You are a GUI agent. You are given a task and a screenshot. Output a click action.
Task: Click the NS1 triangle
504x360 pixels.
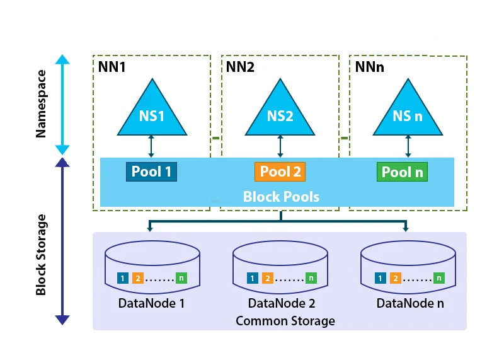[151, 113]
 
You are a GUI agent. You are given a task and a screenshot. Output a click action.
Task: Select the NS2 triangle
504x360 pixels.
[280, 113]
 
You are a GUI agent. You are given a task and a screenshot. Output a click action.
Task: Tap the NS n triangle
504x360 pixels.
[408, 113]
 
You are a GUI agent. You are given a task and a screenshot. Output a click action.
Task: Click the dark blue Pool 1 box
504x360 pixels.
[151, 171]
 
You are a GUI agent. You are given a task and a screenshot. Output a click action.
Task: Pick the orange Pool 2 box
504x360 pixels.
[280, 171]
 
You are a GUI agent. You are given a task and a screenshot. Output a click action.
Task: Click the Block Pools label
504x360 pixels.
[281, 196]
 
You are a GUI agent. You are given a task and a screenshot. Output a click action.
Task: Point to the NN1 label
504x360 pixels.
[112, 66]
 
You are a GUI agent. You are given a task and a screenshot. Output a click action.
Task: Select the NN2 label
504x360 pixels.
[241, 66]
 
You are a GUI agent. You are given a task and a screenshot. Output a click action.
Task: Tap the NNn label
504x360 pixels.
[370, 66]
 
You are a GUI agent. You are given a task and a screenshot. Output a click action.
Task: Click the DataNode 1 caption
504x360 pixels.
[152, 303]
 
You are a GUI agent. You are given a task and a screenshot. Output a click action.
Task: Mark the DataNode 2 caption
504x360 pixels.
[281, 303]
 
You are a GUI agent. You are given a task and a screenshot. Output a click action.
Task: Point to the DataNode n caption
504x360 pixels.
[410, 303]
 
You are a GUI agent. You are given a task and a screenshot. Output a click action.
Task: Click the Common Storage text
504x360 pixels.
[285, 321]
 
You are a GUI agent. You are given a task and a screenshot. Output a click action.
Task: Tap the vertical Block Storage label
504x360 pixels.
[42, 254]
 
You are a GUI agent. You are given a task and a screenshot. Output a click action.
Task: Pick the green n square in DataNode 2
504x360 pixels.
[311, 278]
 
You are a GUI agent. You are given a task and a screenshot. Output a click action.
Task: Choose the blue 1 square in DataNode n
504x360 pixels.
[380, 278]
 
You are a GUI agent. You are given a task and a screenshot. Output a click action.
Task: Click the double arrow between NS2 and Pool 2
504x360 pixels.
[280, 146]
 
